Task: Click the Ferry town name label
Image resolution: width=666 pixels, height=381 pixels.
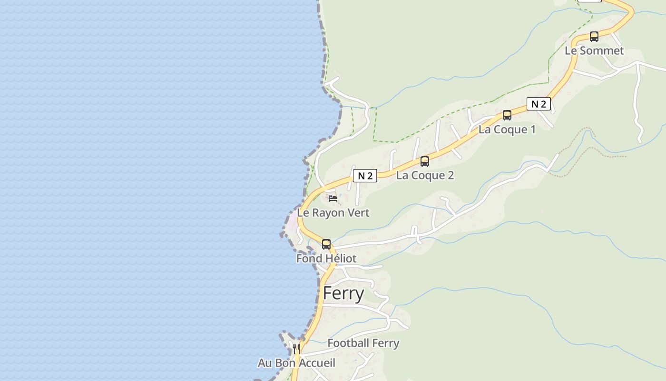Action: point(343,293)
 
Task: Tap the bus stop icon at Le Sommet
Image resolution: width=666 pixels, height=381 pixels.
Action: point(594,36)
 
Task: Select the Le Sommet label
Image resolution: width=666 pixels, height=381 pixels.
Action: point(594,50)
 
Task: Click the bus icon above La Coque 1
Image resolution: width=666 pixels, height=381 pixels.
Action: point(507,115)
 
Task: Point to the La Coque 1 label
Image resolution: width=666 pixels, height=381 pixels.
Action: point(507,130)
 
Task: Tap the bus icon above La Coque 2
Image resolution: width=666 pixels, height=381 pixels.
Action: point(425,161)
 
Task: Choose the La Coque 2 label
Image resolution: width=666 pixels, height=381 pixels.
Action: point(425,175)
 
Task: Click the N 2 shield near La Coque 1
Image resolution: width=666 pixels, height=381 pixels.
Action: point(539,104)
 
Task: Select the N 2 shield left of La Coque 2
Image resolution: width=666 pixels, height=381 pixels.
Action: point(365,176)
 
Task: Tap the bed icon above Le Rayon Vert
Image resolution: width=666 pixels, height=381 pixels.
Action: point(333,198)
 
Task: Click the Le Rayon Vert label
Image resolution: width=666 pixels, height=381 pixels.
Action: point(333,213)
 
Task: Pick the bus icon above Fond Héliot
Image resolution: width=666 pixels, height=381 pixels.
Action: point(326,244)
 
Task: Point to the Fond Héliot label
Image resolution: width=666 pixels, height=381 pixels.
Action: point(326,259)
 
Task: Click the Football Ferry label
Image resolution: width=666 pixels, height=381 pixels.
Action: point(363,343)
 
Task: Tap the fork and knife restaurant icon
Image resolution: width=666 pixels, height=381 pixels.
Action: point(296,348)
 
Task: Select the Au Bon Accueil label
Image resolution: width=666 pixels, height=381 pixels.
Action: point(296,363)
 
